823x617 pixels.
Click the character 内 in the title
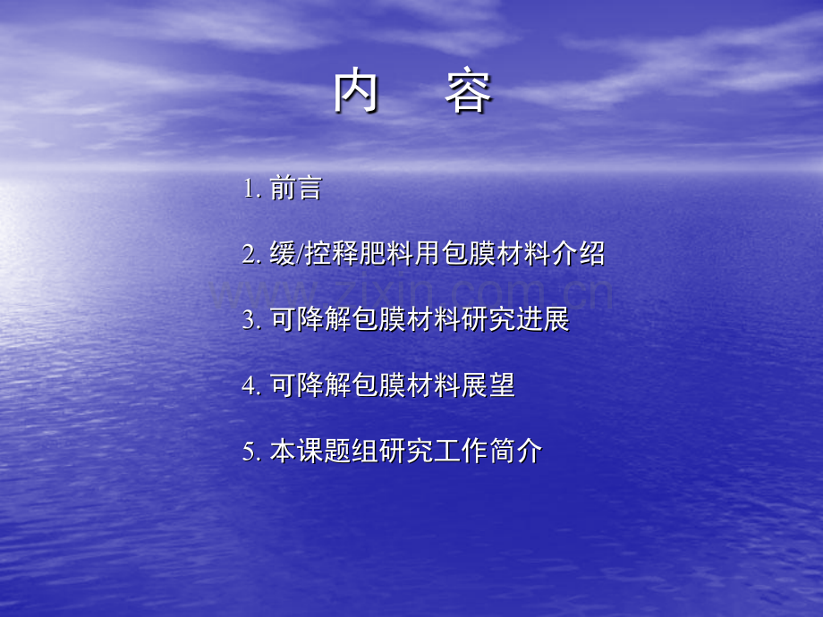356,94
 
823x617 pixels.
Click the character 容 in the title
468,94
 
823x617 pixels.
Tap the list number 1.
250,189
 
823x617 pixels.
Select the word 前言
295,189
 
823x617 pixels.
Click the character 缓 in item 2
283,254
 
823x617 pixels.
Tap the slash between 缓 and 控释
300,254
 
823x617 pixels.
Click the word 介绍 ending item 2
578,254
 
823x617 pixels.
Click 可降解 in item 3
310,320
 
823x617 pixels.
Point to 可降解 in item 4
310,386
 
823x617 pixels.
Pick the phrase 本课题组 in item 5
324,452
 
